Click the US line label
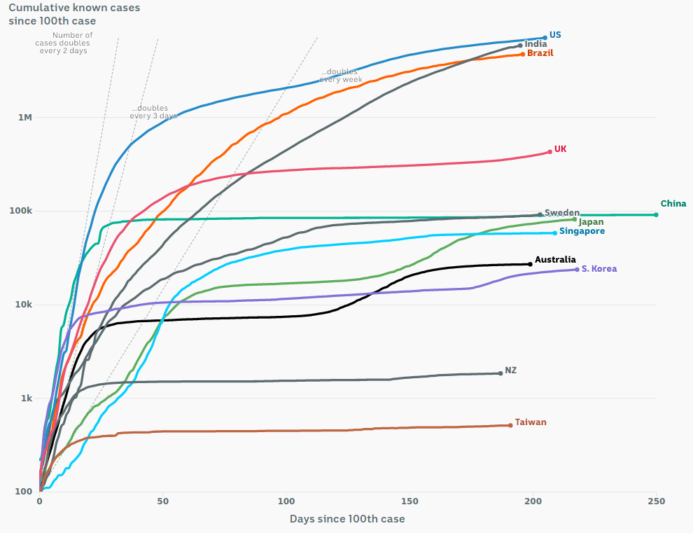click(555, 34)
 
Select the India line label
click(535, 44)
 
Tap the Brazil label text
click(541, 53)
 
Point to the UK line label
click(561, 149)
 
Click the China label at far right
click(673, 204)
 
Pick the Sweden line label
click(561, 213)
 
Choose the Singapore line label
click(582, 231)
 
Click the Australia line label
click(555, 260)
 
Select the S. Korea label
click(599, 269)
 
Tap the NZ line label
click(511, 370)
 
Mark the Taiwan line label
click(531, 422)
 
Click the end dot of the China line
click(656, 214)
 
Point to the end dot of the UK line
click(550, 152)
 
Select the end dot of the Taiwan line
click(510, 425)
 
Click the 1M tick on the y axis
click(25, 118)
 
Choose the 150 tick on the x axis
click(409, 501)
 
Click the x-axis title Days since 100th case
click(347, 519)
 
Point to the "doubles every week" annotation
click(340, 76)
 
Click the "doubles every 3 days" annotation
click(153, 112)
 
